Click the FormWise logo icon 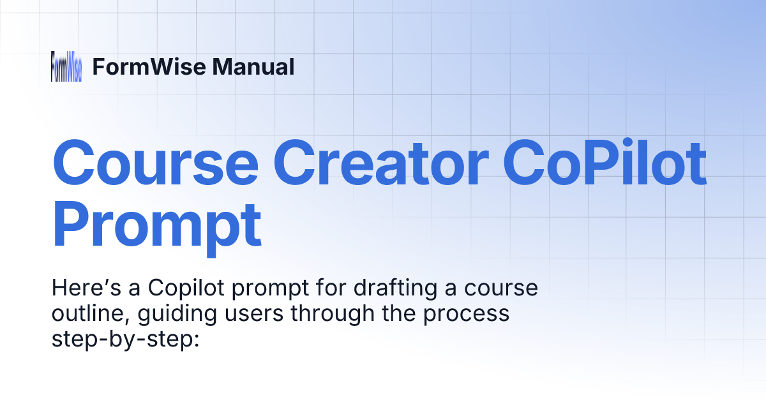point(66,66)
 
